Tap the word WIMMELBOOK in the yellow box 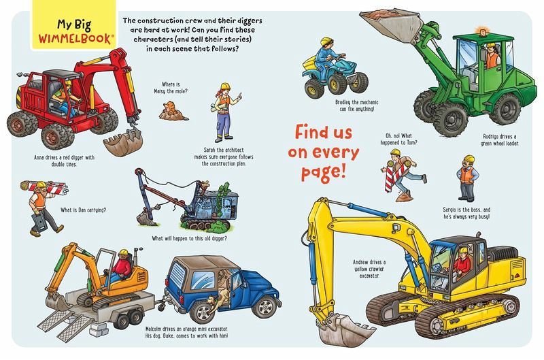pyautogui.click(x=75, y=39)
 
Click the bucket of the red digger pyautogui.click(x=123, y=142)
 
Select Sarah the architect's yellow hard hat pyautogui.click(x=225, y=86)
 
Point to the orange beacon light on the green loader pyautogui.click(x=482, y=31)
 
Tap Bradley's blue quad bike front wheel pyautogui.click(x=315, y=88)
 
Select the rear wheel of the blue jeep pyautogui.click(x=203, y=312)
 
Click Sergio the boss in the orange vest pyautogui.click(x=467, y=178)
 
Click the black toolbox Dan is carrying pyautogui.click(x=39, y=222)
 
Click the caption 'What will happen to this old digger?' pyautogui.click(x=190, y=238)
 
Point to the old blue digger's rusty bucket pyautogui.click(x=147, y=217)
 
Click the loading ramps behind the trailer pyautogui.click(x=66, y=323)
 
